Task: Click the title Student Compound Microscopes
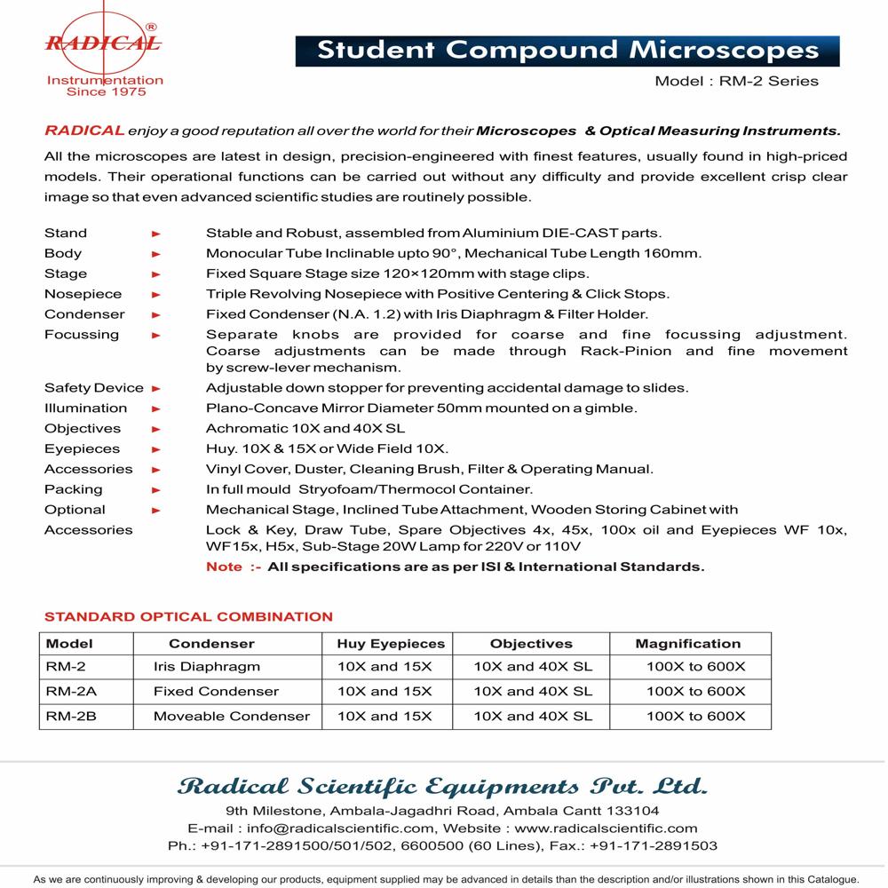point(567,50)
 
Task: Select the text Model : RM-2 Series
point(736,81)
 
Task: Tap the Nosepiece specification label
point(83,294)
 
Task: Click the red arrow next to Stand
point(156,234)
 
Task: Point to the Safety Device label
point(93,388)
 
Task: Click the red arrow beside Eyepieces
point(156,449)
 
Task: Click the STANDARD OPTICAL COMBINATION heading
point(188,616)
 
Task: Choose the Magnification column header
point(687,644)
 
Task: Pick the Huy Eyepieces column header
point(390,644)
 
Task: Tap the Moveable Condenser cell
point(232,716)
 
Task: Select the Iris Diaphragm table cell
point(207,667)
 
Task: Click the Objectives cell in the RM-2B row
point(533,716)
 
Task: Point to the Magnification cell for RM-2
point(695,667)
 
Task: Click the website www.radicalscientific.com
point(607,829)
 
